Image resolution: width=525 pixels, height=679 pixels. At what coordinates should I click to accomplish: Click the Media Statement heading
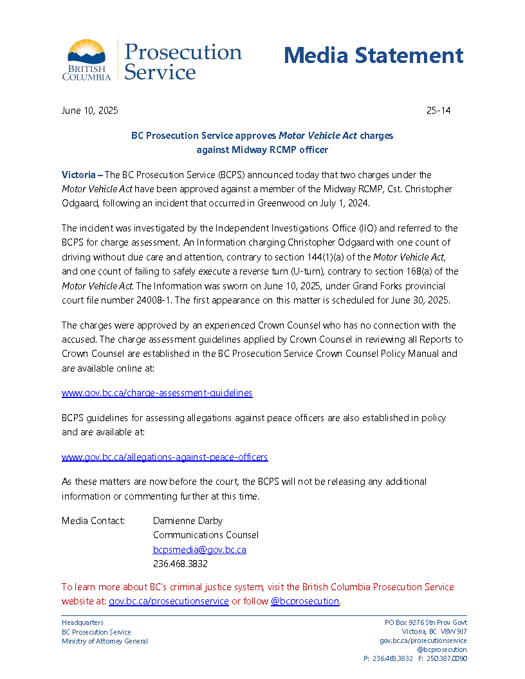(x=373, y=55)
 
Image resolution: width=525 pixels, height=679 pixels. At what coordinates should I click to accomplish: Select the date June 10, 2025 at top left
(x=89, y=111)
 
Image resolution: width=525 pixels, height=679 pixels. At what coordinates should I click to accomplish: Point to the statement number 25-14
(x=438, y=111)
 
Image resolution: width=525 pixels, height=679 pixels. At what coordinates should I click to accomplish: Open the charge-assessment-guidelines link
(x=157, y=392)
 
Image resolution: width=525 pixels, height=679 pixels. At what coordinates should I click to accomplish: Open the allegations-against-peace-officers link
(x=165, y=457)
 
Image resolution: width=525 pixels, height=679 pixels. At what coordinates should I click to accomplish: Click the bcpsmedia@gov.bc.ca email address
(x=199, y=550)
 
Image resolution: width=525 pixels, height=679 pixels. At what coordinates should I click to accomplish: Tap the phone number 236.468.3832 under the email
(x=180, y=564)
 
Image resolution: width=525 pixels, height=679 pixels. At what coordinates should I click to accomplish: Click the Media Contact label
(x=93, y=521)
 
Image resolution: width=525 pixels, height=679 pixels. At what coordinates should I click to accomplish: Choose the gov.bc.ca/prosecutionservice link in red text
(x=169, y=601)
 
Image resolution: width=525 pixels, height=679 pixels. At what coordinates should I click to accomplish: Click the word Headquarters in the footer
(x=82, y=622)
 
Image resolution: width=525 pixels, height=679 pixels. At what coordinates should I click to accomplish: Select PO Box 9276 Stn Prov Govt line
(x=425, y=622)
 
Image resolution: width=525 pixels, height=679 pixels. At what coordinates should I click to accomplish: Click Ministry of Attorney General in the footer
(x=104, y=641)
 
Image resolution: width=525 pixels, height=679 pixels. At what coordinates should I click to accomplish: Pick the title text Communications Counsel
(x=206, y=535)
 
